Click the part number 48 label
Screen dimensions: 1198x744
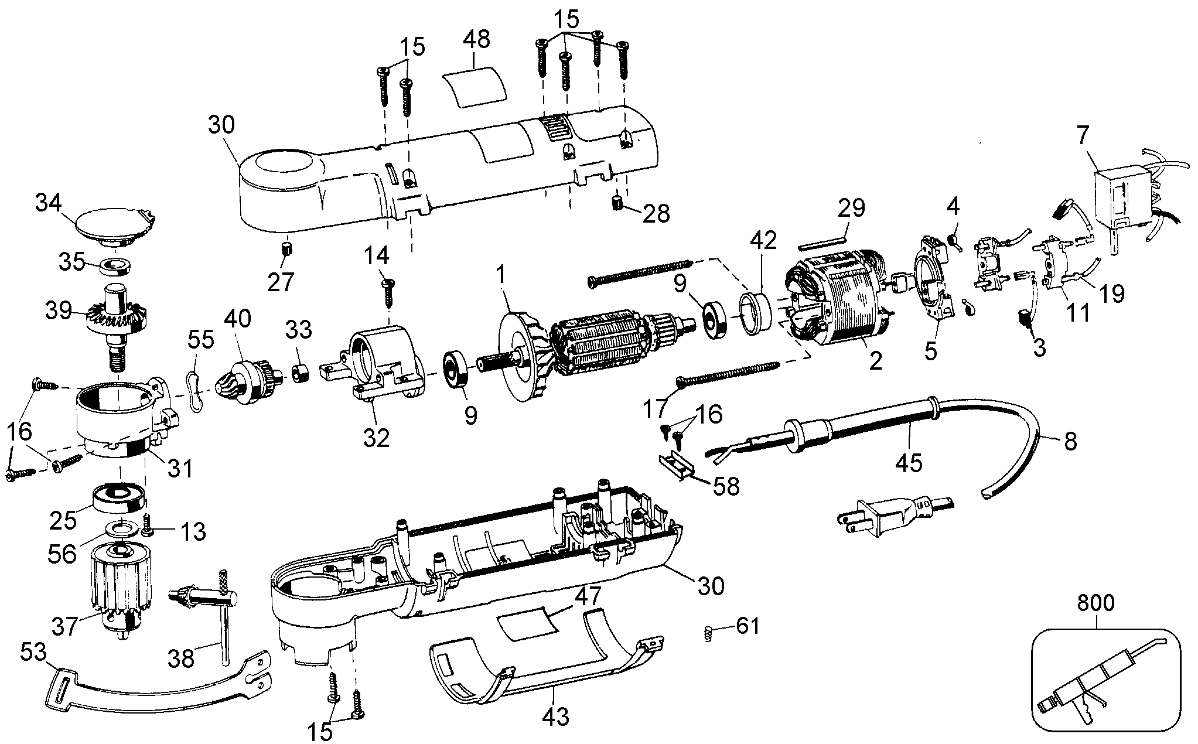[x=476, y=39]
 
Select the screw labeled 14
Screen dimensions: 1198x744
[x=387, y=293]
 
